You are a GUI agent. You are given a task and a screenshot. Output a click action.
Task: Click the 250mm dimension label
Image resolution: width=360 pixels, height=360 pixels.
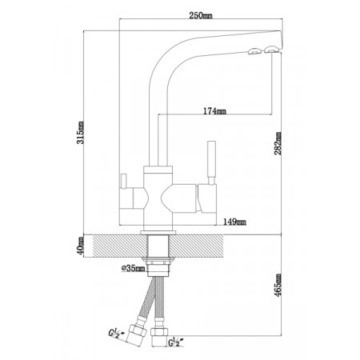coord(201,15)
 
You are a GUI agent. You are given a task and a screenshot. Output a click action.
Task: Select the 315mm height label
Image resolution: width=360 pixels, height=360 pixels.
coord(81,133)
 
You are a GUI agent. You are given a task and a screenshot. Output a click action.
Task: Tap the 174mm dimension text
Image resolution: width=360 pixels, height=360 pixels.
coord(214,110)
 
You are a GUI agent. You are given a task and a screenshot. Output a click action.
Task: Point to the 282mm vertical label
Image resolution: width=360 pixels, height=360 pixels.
coord(278,143)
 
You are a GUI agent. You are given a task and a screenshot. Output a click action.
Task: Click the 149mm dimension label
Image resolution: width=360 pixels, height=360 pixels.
coord(234,222)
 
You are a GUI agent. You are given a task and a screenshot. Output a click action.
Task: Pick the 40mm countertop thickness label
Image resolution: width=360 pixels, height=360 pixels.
coord(81,246)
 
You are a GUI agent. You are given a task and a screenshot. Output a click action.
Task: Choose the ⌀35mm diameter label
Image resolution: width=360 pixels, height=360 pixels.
coord(133,268)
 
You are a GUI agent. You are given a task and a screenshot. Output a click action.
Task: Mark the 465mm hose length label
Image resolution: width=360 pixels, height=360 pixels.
coord(278,285)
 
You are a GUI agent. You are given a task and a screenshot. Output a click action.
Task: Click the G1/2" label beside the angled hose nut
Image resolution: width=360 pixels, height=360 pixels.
coord(117,332)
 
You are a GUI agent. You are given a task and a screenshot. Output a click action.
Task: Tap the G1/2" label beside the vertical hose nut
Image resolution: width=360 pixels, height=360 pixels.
coord(176,342)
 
